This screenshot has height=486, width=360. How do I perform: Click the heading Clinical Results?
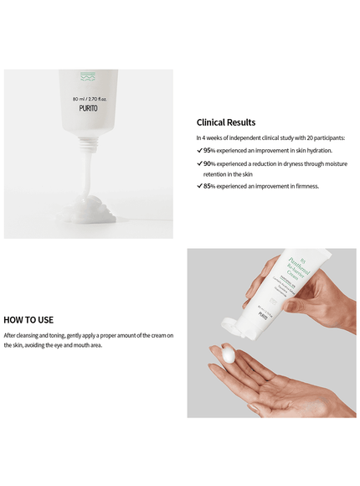(226, 122)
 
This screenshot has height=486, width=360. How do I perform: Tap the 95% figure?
(209, 150)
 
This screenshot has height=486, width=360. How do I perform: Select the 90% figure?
(209, 163)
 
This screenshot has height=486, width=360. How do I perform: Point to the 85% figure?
(209, 186)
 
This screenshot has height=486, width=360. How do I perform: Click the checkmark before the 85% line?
(199, 186)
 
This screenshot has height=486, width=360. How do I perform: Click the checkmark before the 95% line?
(199, 150)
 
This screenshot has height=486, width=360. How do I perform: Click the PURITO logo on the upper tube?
(88, 110)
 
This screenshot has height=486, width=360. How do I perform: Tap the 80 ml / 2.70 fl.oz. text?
(88, 99)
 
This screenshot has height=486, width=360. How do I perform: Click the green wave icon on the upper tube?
(88, 77)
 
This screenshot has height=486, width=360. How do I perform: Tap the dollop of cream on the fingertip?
(229, 354)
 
